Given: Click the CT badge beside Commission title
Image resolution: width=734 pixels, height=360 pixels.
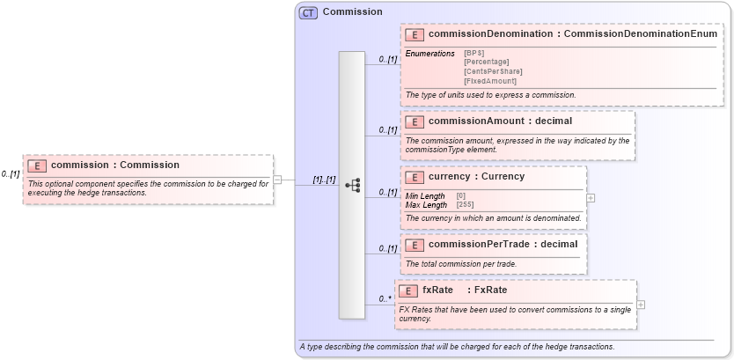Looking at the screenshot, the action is click(x=308, y=13).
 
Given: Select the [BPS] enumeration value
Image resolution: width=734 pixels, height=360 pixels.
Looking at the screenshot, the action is click(x=474, y=54).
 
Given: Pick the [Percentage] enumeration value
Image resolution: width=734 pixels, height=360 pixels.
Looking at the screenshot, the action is click(x=486, y=62).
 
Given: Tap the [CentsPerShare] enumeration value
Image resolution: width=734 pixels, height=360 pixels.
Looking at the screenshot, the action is click(x=493, y=71).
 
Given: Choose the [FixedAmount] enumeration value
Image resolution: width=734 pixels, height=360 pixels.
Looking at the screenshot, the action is click(x=490, y=81).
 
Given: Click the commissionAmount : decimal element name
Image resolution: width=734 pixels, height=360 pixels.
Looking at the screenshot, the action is click(x=500, y=121).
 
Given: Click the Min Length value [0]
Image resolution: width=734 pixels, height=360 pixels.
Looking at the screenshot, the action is click(x=461, y=195).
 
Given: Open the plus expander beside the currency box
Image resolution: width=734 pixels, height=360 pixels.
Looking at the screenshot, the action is click(x=591, y=198).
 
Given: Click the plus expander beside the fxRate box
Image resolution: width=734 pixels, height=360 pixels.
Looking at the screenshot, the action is click(x=641, y=305).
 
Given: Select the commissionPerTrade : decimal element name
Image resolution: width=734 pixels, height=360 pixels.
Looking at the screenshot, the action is click(x=503, y=244).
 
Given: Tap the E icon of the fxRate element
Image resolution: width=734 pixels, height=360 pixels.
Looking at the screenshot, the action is click(x=408, y=290).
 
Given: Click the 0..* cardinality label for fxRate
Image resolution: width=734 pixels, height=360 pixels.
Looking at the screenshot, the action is click(x=385, y=299).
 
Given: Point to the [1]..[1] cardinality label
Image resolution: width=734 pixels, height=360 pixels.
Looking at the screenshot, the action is click(x=324, y=180).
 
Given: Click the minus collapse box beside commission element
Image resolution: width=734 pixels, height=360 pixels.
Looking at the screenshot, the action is click(x=277, y=180).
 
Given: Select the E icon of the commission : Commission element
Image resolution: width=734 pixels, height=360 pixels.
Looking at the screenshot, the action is click(x=37, y=165).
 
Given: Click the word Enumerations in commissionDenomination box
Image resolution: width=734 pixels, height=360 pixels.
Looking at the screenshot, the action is click(x=429, y=54).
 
